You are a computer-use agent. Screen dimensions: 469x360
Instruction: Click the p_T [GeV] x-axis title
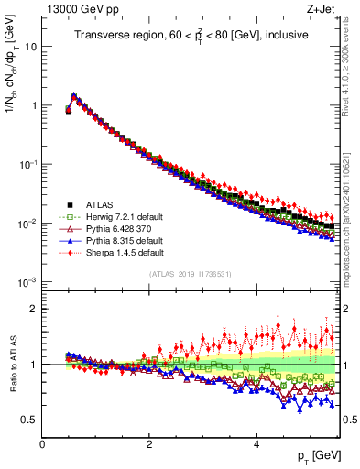311,455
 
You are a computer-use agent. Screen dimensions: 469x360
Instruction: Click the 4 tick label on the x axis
256,443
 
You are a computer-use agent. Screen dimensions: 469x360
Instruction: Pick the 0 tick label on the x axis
42,443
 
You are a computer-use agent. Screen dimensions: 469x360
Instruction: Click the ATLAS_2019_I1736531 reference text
191,274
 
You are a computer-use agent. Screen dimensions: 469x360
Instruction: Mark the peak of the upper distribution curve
73,94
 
